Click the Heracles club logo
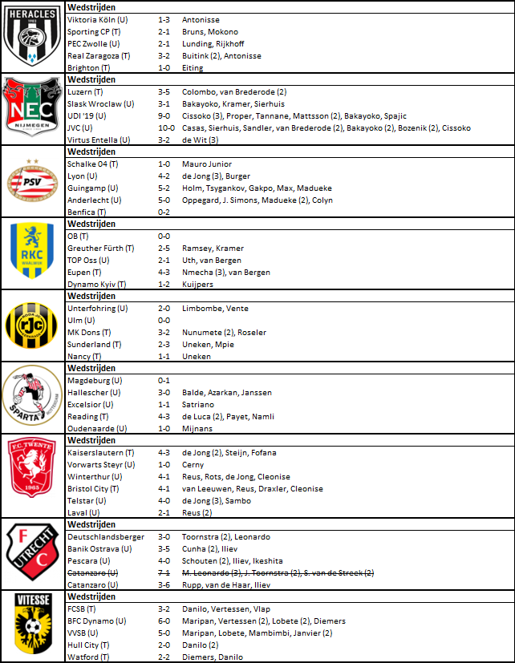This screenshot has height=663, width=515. pos(32,38)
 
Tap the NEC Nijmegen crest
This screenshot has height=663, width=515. pos(32,109)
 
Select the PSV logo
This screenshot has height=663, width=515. pos(32,181)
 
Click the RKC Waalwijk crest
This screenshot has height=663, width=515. pos(32,253)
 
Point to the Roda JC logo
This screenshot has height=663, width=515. pos(32,326)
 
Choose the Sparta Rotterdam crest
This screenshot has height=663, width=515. pos(32,398)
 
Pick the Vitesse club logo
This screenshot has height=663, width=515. pos(32,627)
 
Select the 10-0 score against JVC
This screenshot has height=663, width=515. pos(166,128)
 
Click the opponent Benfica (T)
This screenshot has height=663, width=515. pos(89,212)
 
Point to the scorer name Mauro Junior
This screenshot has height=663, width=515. pos(208,164)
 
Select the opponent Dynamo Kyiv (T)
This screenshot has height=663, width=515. pos(98,285)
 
